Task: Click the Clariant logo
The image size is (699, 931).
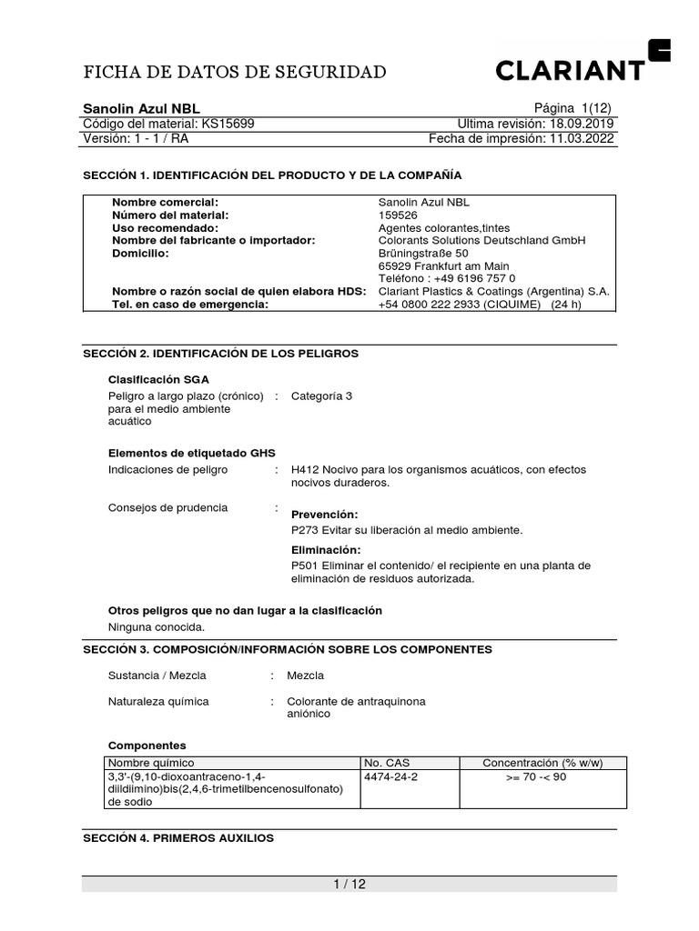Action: [x=582, y=65]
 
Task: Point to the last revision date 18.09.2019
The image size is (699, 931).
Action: [x=582, y=124]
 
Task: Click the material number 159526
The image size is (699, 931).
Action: [x=397, y=215]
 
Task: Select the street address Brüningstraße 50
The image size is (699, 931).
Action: [x=423, y=254]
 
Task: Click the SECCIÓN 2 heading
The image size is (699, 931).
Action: [x=221, y=353]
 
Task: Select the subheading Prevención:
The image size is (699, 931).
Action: [x=324, y=515]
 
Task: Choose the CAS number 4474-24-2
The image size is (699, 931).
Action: [x=391, y=777]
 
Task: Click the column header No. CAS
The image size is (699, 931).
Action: [x=387, y=763]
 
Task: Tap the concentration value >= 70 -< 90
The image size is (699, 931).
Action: [x=536, y=777]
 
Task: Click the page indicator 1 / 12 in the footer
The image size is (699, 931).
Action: [x=349, y=884]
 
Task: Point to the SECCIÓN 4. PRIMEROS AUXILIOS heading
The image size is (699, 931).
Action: [x=178, y=837]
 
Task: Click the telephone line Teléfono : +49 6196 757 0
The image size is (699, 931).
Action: [x=446, y=279]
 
